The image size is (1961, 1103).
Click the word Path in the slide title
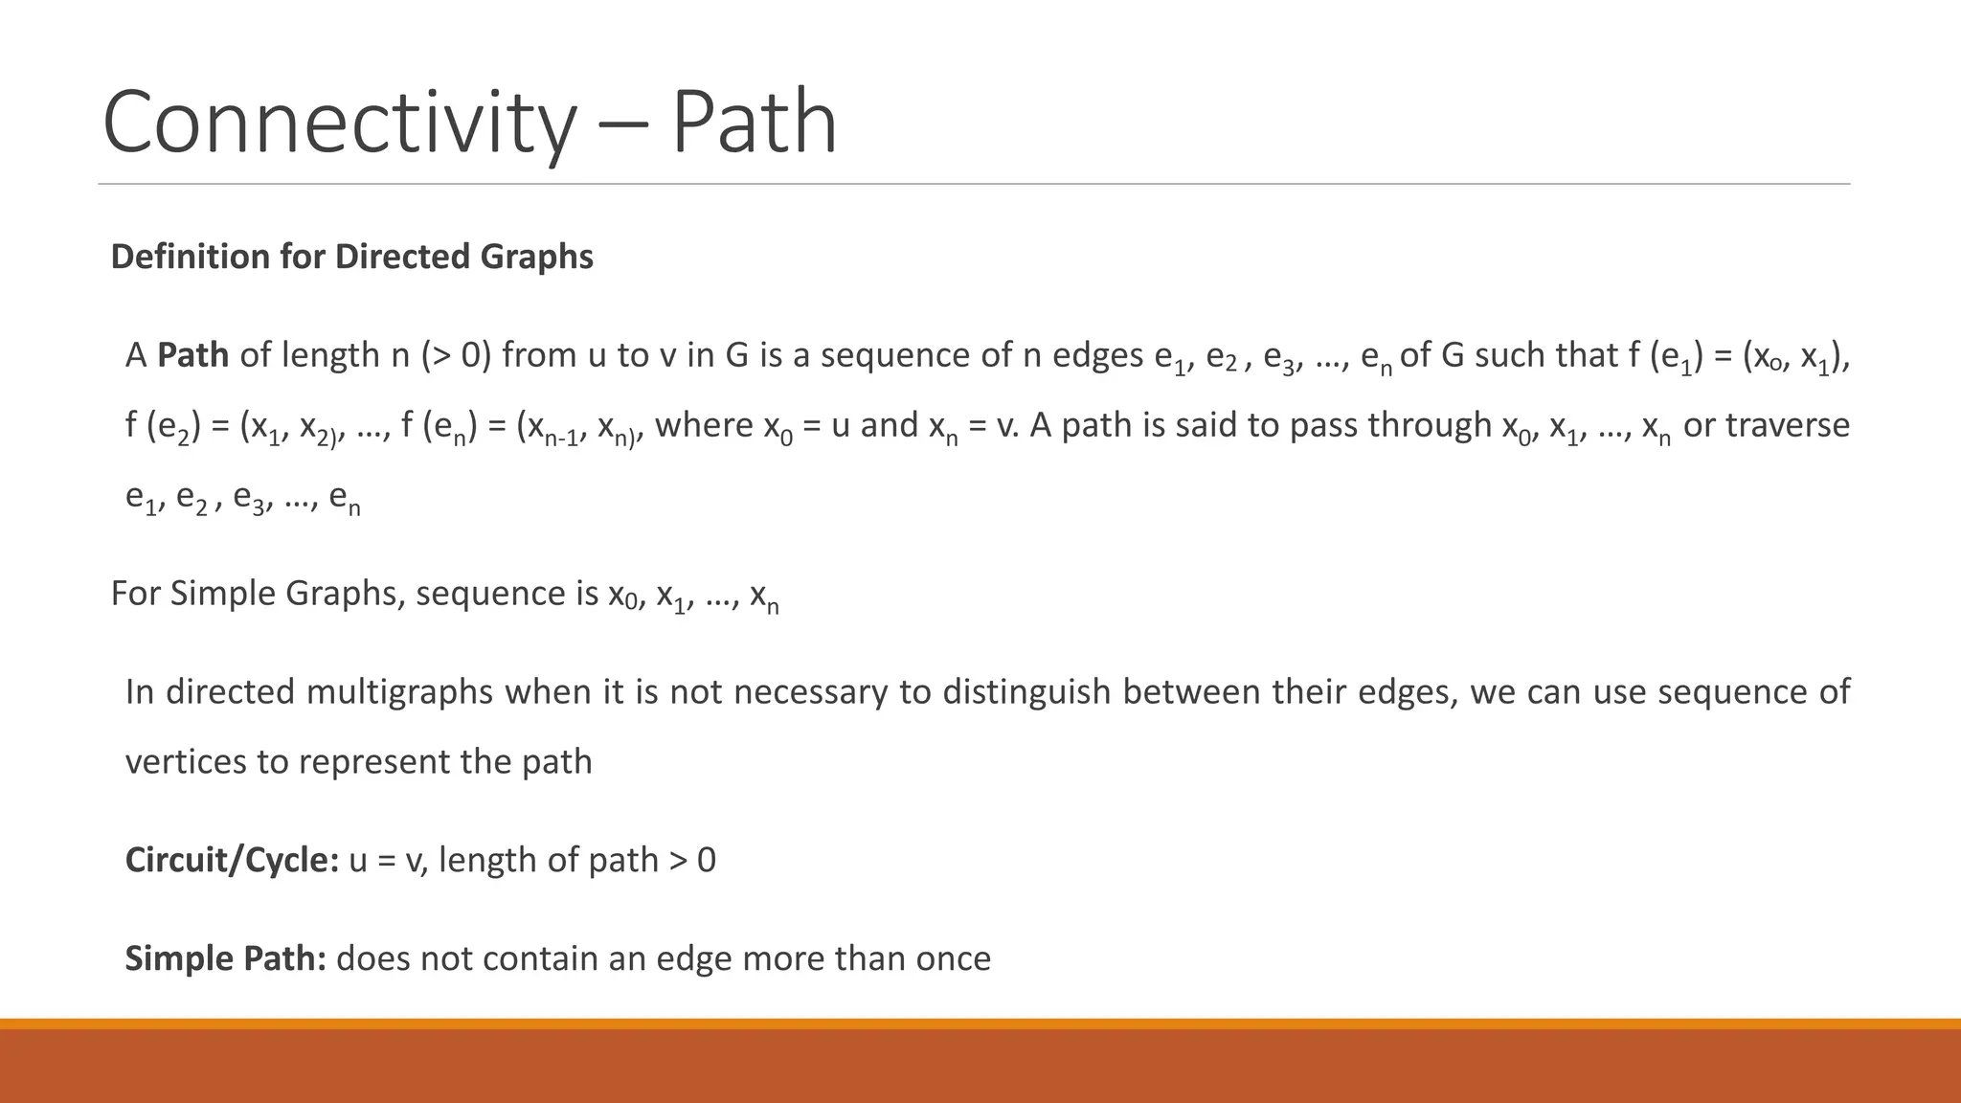[754, 122]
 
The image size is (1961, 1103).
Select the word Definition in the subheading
[191, 257]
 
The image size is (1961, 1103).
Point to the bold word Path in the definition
[192, 355]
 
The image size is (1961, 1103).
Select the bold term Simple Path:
[226, 958]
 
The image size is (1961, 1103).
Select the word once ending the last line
[952, 958]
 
